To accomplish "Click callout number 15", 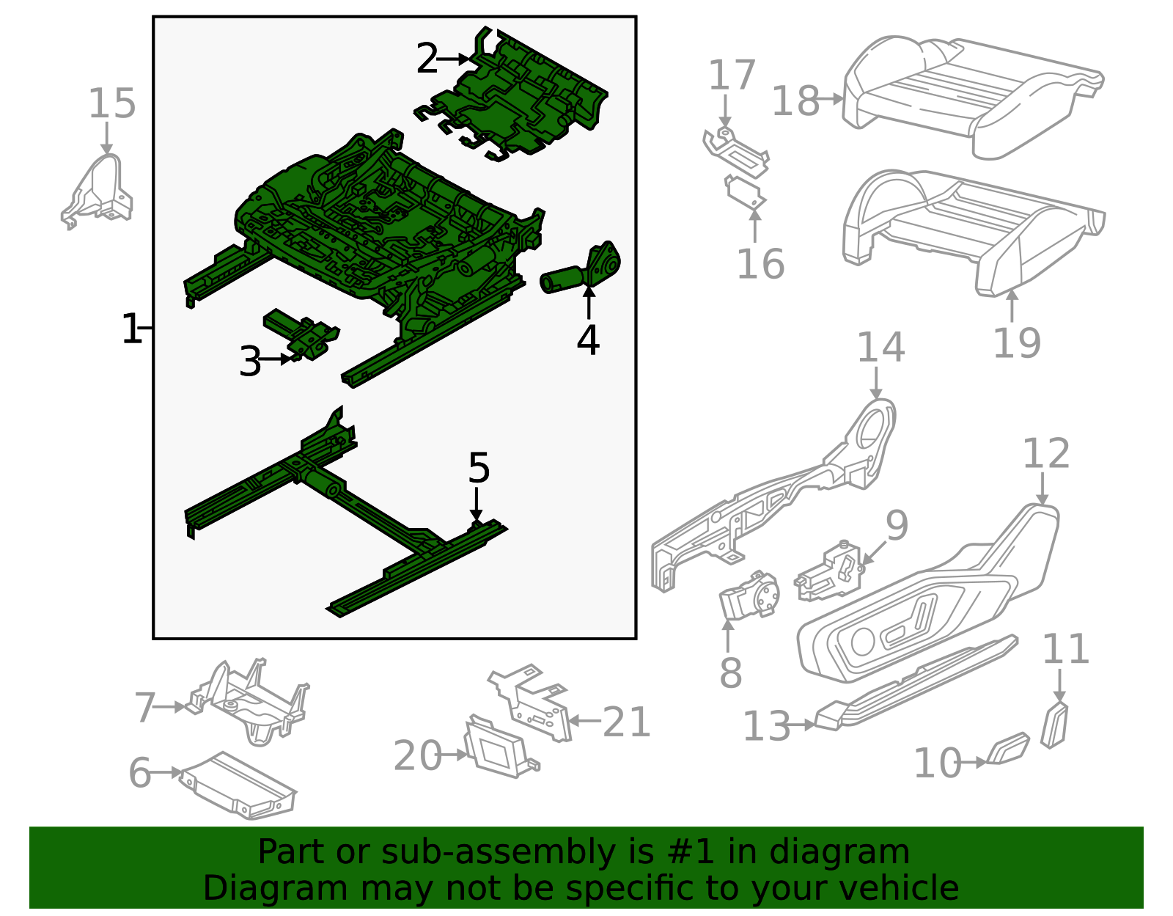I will [112, 103].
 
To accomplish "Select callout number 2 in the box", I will [427, 59].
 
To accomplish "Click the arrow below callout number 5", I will [477, 507].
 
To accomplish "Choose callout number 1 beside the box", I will [130, 329].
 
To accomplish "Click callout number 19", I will [1016, 342].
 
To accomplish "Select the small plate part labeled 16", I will [745, 192].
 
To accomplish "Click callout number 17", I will [732, 76].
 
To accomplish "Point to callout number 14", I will [880, 347].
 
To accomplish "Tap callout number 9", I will [897, 525].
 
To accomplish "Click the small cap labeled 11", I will [1055, 725].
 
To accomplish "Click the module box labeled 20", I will [497, 747].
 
